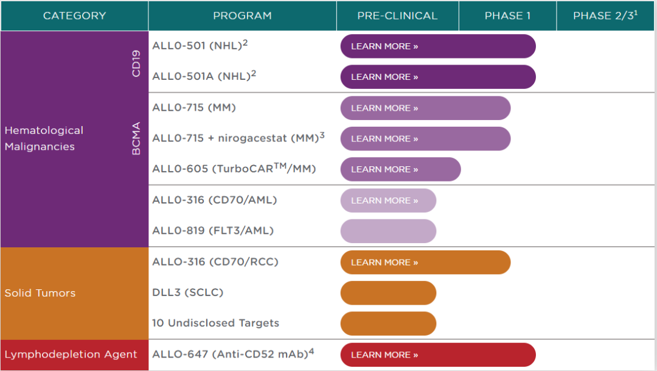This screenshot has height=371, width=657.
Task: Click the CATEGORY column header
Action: pyautogui.click(x=75, y=16)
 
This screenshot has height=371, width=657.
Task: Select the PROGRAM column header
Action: pyautogui.click(x=242, y=16)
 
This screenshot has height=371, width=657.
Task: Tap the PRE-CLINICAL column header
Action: pyautogui.click(x=397, y=16)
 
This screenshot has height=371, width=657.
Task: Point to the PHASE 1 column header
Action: pyautogui.click(x=507, y=16)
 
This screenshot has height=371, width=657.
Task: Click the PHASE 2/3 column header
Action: pyautogui.click(x=605, y=15)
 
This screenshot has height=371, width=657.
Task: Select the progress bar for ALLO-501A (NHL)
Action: pyautogui.click(x=438, y=77)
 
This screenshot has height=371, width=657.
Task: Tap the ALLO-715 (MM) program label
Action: pyautogui.click(x=194, y=107)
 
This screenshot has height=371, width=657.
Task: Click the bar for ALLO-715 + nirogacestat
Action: pyautogui.click(x=425, y=138)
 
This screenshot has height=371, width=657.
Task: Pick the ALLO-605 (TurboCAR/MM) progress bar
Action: pyautogui.click(x=400, y=169)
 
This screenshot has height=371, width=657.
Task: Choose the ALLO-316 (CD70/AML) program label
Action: pyautogui.click(x=215, y=200)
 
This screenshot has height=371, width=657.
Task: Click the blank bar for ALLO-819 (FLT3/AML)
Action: pyautogui.click(x=388, y=231)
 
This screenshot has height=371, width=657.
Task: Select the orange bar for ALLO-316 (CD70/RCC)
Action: pyautogui.click(x=425, y=263)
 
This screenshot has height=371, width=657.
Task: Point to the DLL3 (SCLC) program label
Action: pyautogui.click(x=188, y=292)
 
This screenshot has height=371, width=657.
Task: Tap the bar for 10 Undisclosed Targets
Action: pyautogui.click(x=388, y=323)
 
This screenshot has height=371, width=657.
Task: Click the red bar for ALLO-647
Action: pyautogui.click(x=438, y=355)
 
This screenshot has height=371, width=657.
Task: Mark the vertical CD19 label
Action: pyautogui.click(x=136, y=63)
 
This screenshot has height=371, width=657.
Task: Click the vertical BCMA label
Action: pyautogui.click(x=136, y=138)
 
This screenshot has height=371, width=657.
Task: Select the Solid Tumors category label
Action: pyautogui.click(x=40, y=293)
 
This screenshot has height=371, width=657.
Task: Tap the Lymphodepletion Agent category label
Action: pyautogui.click(x=71, y=355)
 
